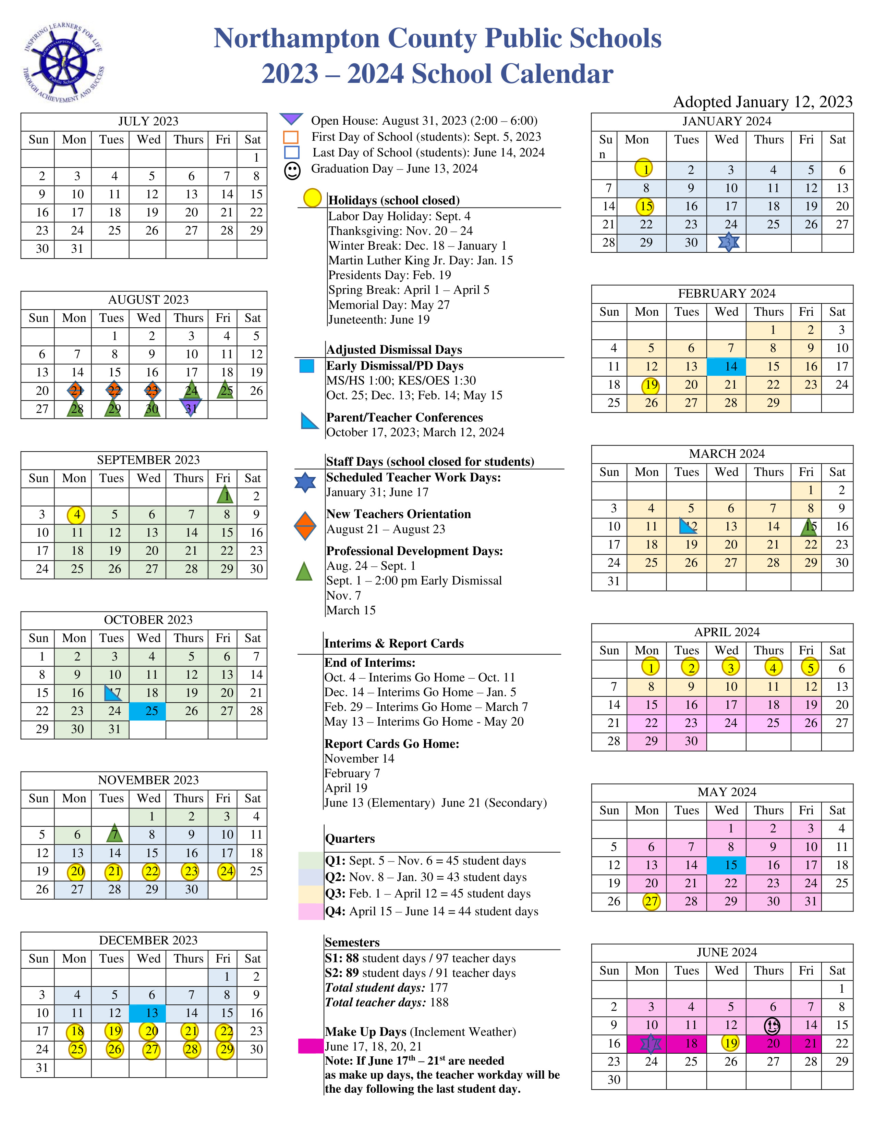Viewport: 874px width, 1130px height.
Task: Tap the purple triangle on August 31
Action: tap(191, 407)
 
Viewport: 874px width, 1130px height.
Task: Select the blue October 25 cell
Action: tap(148, 711)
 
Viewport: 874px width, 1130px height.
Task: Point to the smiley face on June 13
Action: tap(772, 1025)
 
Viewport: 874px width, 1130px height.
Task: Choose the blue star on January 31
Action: tap(729, 242)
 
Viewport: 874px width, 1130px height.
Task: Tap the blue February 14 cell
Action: tap(726, 367)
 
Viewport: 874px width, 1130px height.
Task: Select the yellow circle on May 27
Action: tap(651, 901)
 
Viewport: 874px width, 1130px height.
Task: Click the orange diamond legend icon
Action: tap(305, 527)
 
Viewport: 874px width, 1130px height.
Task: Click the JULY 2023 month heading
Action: tap(148, 121)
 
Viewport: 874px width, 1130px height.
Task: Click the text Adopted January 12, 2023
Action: tap(762, 102)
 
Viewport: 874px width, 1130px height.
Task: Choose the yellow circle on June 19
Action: tap(730, 1043)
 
